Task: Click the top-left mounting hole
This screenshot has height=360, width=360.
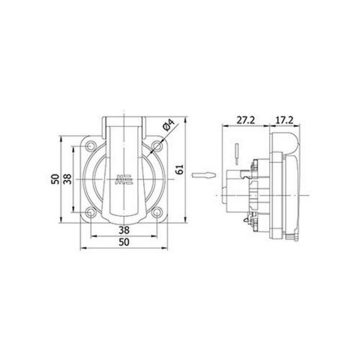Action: [x=91, y=146]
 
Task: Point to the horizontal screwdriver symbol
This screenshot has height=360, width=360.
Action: [x=203, y=175]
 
